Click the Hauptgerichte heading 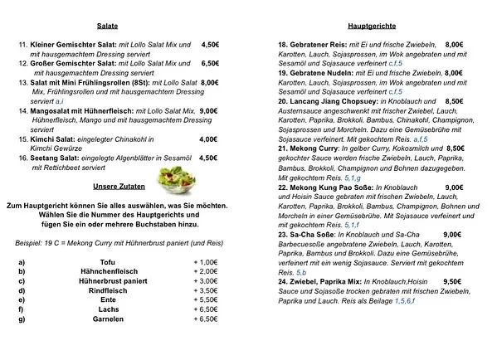point(371,27)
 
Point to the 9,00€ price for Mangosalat point(208,110)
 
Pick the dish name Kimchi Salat point(55,139)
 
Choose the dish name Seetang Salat point(57,157)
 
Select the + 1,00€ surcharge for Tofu point(204,262)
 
